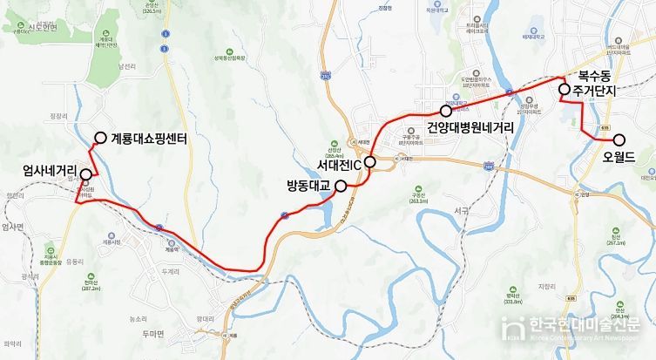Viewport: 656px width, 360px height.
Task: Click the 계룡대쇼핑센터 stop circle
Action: pyautogui.click(x=101, y=138)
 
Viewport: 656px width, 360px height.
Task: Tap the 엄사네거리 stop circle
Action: pyautogui.click(x=85, y=174)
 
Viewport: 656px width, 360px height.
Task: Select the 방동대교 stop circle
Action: pyautogui.click(x=341, y=185)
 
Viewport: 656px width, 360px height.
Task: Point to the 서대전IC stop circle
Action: pyautogui.click(x=369, y=161)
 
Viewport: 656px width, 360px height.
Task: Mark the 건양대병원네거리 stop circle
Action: pyautogui.click(x=446, y=112)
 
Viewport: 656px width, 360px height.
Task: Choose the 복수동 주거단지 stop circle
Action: pyautogui.click(x=564, y=89)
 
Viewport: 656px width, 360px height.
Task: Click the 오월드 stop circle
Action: pyautogui.click(x=619, y=139)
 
